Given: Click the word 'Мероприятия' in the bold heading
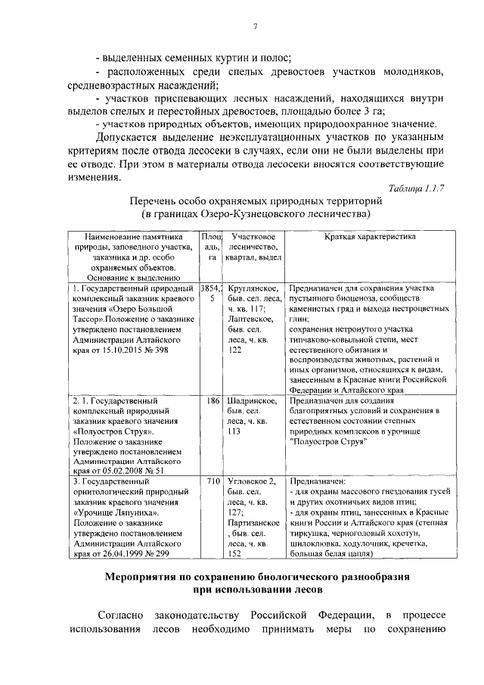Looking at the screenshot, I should coord(147,578).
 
